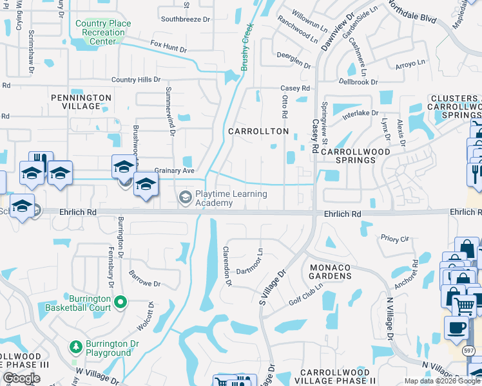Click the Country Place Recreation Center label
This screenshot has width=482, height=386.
point(103,33)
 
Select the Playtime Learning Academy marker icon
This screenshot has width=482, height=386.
point(186,196)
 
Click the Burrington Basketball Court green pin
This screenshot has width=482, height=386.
point(120,300)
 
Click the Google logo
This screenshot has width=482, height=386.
point(21,378)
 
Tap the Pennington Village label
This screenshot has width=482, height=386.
point(81,102)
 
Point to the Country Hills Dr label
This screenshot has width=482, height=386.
point(135,80)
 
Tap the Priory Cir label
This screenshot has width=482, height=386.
point(395,239)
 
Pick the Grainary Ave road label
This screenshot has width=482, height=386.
point(174,170)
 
